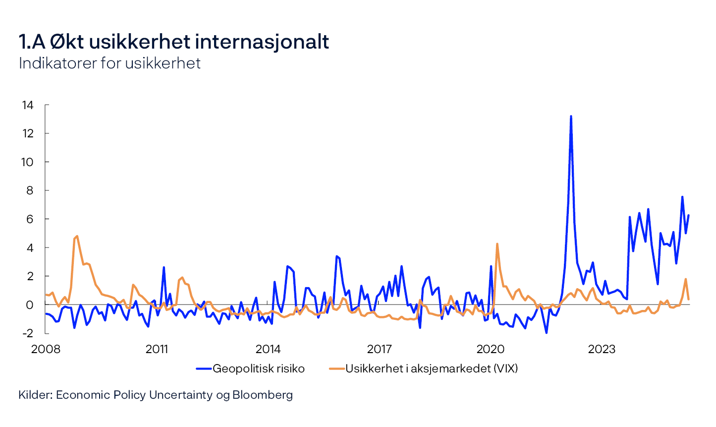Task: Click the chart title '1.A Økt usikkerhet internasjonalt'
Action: (173, 42)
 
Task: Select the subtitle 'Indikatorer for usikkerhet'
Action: (110, 63)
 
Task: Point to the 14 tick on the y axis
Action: (27, 105)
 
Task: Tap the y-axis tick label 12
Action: (27, 133)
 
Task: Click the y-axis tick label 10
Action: (27, 162)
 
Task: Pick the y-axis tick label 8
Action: (30, 190)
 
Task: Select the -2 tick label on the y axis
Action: (28, 333)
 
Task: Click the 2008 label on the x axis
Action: (46, 349)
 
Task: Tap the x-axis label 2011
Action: (157, 349)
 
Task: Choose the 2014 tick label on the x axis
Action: (268, 349)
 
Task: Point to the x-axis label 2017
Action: (379, 349)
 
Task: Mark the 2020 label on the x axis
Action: (491, 349)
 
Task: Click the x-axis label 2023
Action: (602, 349)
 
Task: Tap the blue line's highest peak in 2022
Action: (571, 117)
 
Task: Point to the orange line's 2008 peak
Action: (77, 236)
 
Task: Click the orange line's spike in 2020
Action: (497, 244)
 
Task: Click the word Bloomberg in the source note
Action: (263, 395)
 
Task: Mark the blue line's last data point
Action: (688, 215)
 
